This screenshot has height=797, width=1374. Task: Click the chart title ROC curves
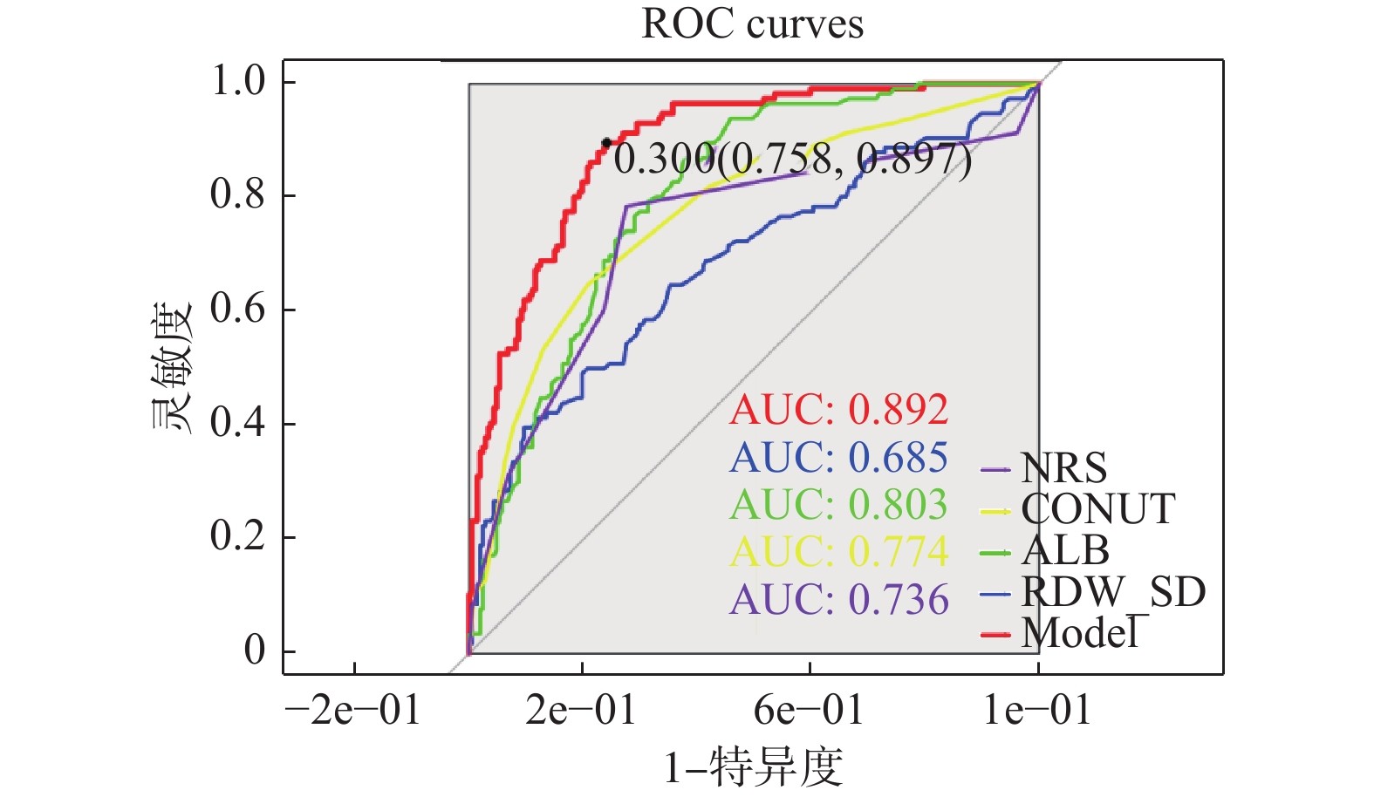pyautogui.click(x=752, y=24)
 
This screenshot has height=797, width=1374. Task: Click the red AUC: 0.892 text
pyautogui.click(x=838, y=410)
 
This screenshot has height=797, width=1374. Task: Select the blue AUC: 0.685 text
pyautogui.click(x=838, y=458)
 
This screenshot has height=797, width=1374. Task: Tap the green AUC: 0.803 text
pyautogui.click(x=838, y=505)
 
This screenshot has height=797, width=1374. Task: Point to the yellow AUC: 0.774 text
pyautogui.click(x=838, y=552)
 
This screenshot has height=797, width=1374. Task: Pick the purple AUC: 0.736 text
pyautogui.click(x=838, y=600)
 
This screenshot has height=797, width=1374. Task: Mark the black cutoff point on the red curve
pyautogui.click(x=606, y=143)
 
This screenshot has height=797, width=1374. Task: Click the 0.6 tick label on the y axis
pyautogui.click(x=238, y=309)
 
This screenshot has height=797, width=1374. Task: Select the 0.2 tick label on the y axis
pyautogui.click(x=238, y=536)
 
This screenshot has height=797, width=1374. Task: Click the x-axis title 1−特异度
pyautogui.click(x=753, y=767)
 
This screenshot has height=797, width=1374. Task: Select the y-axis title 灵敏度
pyautogui.click(x=171, y=367)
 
